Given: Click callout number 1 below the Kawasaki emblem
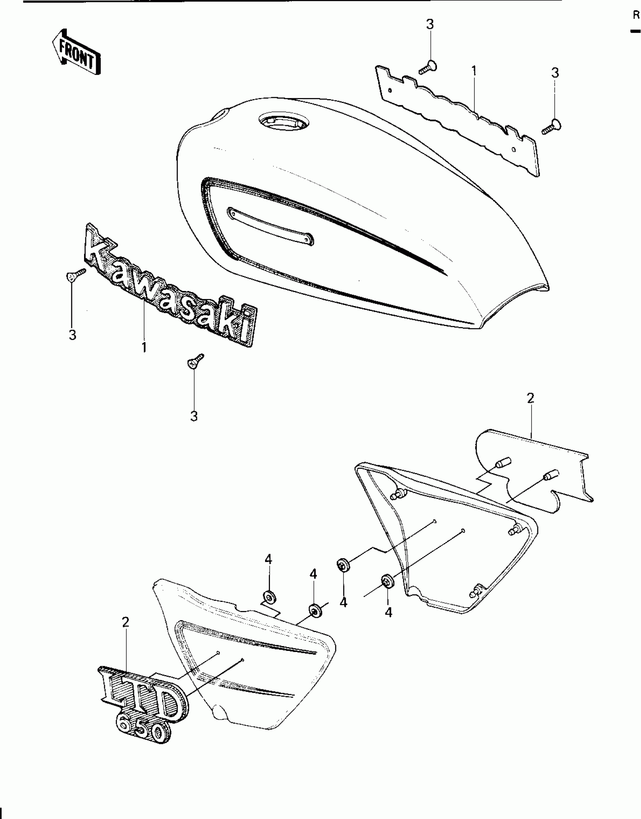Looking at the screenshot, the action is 144,347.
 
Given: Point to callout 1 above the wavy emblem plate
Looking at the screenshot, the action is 474,71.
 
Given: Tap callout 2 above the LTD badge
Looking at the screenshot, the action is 126,622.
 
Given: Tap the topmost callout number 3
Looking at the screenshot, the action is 429,25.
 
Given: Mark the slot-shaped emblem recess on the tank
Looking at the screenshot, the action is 271,226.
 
